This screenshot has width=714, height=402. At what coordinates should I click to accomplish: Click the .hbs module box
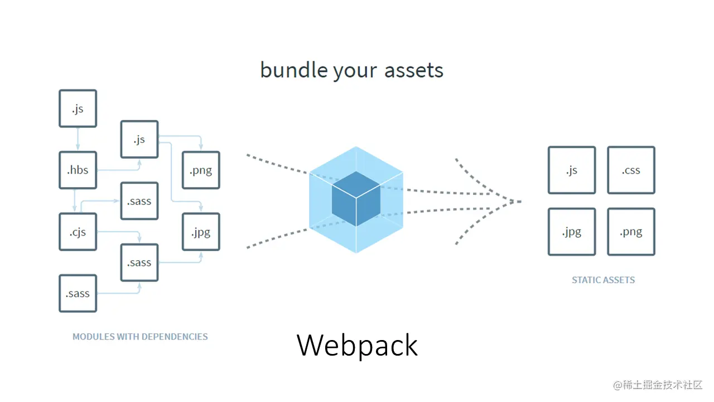click(78, 170)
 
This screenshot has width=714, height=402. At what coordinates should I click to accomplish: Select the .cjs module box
click(78, 231)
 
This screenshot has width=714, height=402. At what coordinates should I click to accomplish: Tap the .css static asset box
click(631, 170)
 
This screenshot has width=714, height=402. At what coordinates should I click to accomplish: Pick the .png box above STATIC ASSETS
click(631, 231)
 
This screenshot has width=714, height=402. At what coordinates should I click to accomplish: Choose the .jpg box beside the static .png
click(572, 231)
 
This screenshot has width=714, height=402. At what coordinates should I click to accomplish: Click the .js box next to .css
click(572, 170)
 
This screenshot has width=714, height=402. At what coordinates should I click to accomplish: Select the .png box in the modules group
click(201, 170)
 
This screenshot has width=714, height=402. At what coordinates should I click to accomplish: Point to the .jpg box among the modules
click(201, 231)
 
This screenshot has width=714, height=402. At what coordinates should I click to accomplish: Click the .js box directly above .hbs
click(78, 108)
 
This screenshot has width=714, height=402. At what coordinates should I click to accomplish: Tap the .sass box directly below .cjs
click(78, 293)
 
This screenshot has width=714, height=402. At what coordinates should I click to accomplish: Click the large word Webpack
click(357, 345)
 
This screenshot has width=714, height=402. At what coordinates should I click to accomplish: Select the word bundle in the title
click(293, 70)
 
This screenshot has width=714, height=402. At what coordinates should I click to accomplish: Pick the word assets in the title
click(414, 70)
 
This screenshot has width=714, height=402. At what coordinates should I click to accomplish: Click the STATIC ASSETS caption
click(603, 280)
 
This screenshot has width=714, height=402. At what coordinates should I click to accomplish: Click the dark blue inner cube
click(356, 198)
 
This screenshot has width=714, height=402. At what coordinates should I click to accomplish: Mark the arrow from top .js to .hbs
click(78, 139)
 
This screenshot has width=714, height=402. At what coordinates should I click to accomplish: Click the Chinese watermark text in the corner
click(658, 385)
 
